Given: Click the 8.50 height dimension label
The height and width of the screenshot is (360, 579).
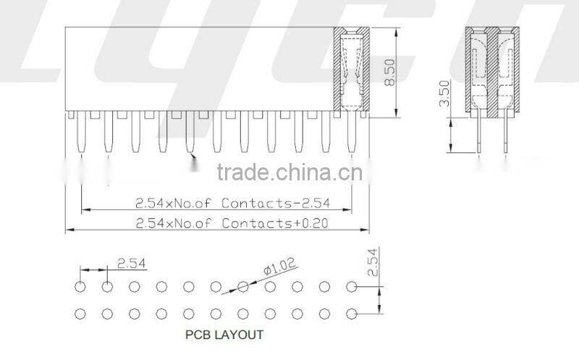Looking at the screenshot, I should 389,72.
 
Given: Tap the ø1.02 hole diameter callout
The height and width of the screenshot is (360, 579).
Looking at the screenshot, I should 280,269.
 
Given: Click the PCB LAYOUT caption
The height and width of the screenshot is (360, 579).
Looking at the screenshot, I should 224,335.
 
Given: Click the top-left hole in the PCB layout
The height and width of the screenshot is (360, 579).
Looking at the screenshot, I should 80,287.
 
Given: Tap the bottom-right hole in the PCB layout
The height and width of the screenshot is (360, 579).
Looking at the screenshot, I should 351,314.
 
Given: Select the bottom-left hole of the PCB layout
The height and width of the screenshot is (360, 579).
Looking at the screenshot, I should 80,314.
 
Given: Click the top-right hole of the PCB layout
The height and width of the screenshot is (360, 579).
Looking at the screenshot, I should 351,287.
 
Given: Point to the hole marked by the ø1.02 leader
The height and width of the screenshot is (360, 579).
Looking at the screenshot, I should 242,287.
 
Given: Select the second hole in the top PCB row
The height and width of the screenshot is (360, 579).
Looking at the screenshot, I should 107,287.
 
